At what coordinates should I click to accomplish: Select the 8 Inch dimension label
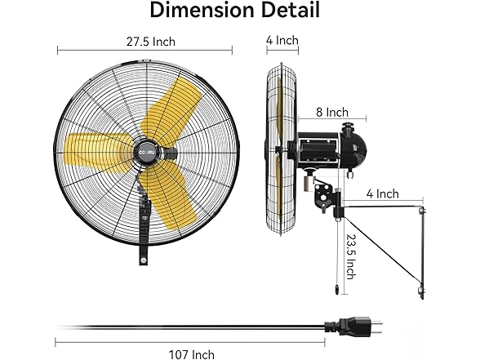tap(332, 112)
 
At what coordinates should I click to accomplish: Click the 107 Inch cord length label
tap(192, 353)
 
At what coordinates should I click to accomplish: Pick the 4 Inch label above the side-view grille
tap(282, 40)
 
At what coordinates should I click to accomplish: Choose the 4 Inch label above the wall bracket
tap(382, 193)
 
